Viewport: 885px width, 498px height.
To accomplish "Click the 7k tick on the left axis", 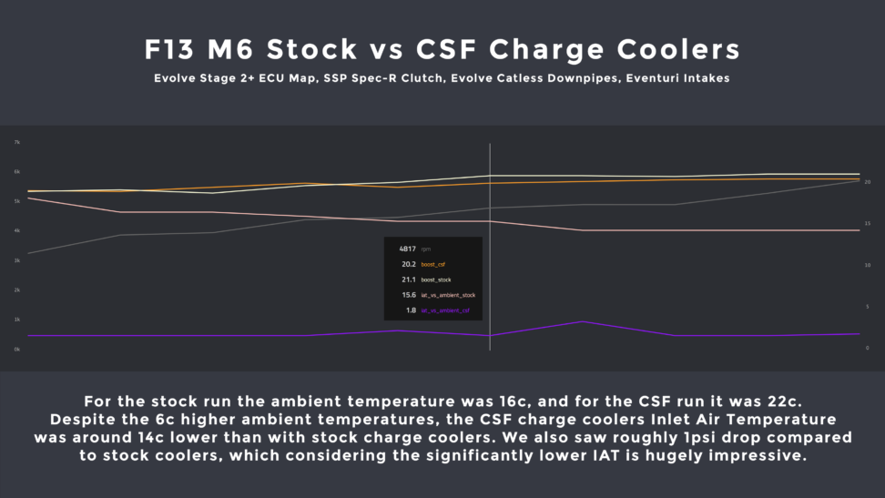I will tap(16, 142).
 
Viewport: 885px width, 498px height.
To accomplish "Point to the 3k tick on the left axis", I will tap(16, 260).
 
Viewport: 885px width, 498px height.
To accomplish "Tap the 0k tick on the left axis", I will tap(16, 349).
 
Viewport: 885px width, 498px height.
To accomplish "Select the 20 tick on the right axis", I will tap(868, 182).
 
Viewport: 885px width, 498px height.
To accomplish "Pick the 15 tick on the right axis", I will tap(868, 224).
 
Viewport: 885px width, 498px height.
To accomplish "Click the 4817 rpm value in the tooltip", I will tap(407, 248).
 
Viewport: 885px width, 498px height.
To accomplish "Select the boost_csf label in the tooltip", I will tap(432, 264).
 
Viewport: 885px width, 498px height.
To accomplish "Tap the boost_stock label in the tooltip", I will tap(435, 279).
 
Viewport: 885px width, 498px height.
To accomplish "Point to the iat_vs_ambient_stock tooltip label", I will tap(448, 295).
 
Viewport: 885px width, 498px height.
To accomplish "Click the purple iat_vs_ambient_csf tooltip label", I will tap(445, 310).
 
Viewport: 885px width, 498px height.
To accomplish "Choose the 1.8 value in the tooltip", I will tap(411, 310).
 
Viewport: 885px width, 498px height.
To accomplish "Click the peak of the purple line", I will tap(583, 321).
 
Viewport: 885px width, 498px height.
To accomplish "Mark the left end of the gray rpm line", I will tap(29, 253).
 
